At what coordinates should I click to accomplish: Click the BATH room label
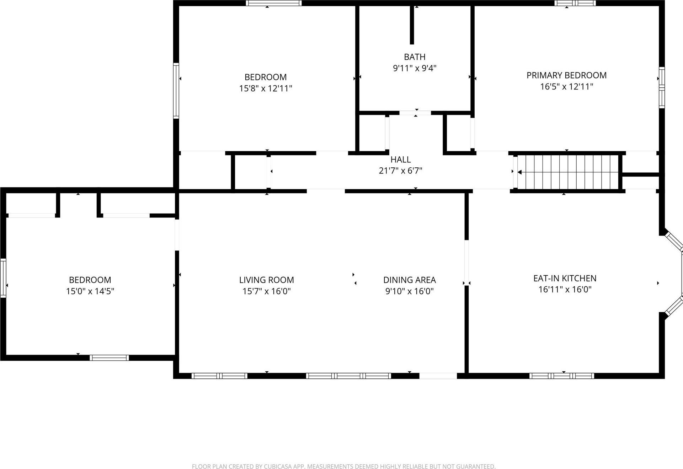coord(415,57)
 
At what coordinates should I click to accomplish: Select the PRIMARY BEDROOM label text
coord(566,75)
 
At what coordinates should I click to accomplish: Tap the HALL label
coord(401,160)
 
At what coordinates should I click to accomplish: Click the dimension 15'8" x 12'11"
coord(266,88)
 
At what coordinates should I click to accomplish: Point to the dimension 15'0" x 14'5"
coord(90,291)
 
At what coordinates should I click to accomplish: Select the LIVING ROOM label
coord(266,280)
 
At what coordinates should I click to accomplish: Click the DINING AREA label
coord(409,280)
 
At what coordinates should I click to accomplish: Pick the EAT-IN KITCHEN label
coord(565,278)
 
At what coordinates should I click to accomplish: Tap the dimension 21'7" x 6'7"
coord(401,171)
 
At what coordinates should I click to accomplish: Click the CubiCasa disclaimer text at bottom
coord(343,467)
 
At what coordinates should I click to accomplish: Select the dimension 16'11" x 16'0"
coord(565,290)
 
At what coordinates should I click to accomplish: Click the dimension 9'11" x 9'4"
coord(415,68)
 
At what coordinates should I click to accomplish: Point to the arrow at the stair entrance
coord(519,172)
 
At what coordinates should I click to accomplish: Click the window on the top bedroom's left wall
coord(176,90)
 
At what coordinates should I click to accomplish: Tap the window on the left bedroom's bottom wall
coord(109,358)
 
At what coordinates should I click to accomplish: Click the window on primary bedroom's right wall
coord(661,87)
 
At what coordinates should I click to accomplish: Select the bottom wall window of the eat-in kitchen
coord(561,376)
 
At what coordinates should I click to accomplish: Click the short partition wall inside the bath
coord(412,25)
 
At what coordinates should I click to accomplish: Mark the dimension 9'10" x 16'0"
coord(409,291)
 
